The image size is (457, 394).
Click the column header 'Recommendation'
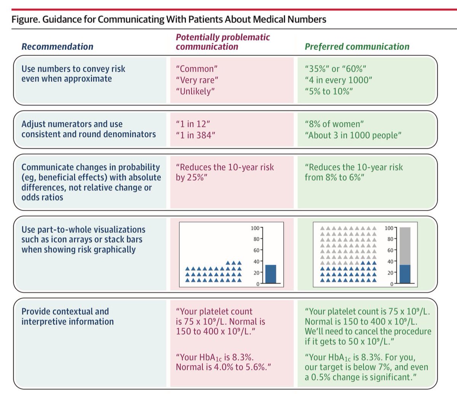click(57, 46)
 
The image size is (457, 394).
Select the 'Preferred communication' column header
click(357, 46)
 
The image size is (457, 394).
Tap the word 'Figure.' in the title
click(26, 19)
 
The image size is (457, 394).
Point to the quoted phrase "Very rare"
click(197, 80)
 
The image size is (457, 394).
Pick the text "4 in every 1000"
click(338, 80)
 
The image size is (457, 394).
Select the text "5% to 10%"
click(329, 91)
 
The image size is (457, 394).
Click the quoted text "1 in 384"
click(195, 135)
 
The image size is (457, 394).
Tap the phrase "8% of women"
click(334, 124)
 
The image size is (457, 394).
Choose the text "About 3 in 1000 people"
click(353, 135)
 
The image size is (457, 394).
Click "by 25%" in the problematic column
click(191, 178)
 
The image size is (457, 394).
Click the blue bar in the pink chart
click(270, 274)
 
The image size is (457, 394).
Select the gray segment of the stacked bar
click(405, 246)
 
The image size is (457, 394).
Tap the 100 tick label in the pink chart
click(254, 228)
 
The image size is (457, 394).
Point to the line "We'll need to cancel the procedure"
click(368, 331)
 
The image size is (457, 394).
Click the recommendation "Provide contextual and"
click(65, 311)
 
